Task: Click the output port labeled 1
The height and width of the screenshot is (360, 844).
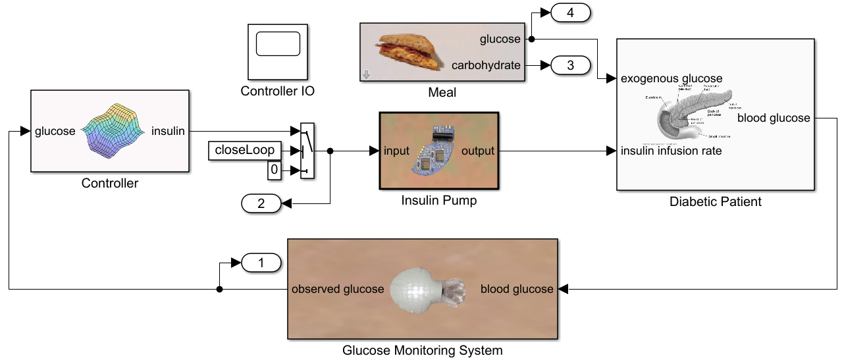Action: click(261, 263)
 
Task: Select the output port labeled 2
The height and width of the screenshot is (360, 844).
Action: click(261, 204)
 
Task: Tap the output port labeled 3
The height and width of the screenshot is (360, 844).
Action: click(570, 65)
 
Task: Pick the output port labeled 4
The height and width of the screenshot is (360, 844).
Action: click(570, 13)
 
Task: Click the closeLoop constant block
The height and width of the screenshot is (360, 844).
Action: click(244, 151)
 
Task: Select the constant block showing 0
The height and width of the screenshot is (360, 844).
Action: click(274, 171)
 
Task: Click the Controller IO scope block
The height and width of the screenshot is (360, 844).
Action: click(277, 51)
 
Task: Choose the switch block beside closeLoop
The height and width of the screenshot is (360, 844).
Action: click(307, 151)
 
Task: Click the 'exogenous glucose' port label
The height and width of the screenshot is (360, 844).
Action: click(672, 79)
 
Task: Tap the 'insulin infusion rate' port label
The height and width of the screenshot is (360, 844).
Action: click(672, 151)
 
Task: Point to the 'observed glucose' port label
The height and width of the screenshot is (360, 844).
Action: click(338, 289)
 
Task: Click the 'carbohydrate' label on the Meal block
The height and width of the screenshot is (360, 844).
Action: click(486, 65)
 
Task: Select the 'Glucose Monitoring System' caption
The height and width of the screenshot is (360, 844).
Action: click(422, 350)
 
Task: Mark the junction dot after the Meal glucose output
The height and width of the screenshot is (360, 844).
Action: click(531, 39)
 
